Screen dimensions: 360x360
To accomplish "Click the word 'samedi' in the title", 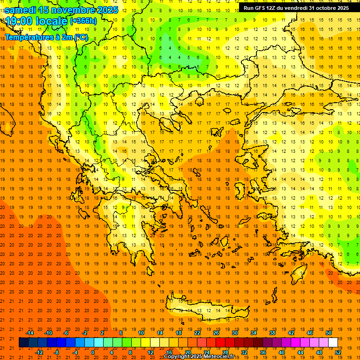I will tap(22, 10).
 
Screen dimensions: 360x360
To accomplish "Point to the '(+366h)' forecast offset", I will tap(83, 21).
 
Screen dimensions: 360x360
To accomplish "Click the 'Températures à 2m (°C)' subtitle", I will tap(46, 37).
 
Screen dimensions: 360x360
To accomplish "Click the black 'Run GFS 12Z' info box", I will tap(295, 7).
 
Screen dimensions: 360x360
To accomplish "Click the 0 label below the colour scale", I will tap(93, 352).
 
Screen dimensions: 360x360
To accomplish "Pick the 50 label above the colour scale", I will tap(329, 333).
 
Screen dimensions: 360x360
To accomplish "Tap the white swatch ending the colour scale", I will tap(333, 343).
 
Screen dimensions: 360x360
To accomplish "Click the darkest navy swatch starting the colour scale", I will tap(23, 343).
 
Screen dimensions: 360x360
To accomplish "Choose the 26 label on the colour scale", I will tap(216, 333).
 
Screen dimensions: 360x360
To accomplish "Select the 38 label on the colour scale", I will tap(272, 333).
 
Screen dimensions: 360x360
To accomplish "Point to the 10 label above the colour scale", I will tap(141, 333).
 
